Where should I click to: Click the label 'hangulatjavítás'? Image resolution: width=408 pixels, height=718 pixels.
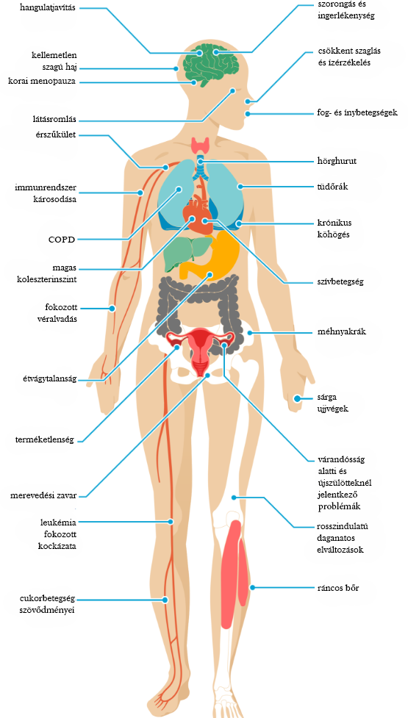[x=48, y=8]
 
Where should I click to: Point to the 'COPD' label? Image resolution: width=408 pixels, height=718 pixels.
[x=61, y=239]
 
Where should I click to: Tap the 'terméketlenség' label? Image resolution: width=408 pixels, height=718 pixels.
[x=45, y=440]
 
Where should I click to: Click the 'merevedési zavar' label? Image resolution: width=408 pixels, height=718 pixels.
[x=43, y=495]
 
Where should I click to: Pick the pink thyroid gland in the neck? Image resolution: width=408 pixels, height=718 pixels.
[x=201, y=146]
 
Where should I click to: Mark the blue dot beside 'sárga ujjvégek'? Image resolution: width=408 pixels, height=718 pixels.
[x=297, y=398]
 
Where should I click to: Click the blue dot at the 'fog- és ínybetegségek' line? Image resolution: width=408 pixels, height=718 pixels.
[x=248, y=114]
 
